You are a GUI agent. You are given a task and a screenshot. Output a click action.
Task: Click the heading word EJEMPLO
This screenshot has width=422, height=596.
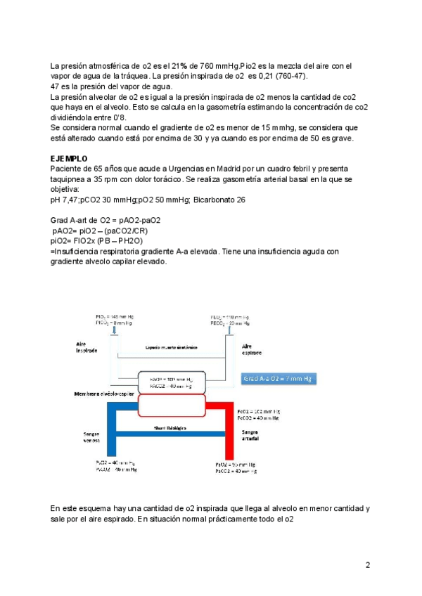coord(70,160)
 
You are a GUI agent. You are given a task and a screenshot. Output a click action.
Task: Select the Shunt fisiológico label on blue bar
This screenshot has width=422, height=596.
coord(170,427)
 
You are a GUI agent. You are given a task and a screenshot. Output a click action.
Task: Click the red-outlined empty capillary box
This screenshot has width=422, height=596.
coord(172,405)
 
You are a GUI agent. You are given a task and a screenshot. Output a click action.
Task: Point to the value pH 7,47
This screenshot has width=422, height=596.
coord(70,200)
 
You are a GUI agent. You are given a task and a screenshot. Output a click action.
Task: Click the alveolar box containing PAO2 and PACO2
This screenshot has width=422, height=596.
coord(172,382)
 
